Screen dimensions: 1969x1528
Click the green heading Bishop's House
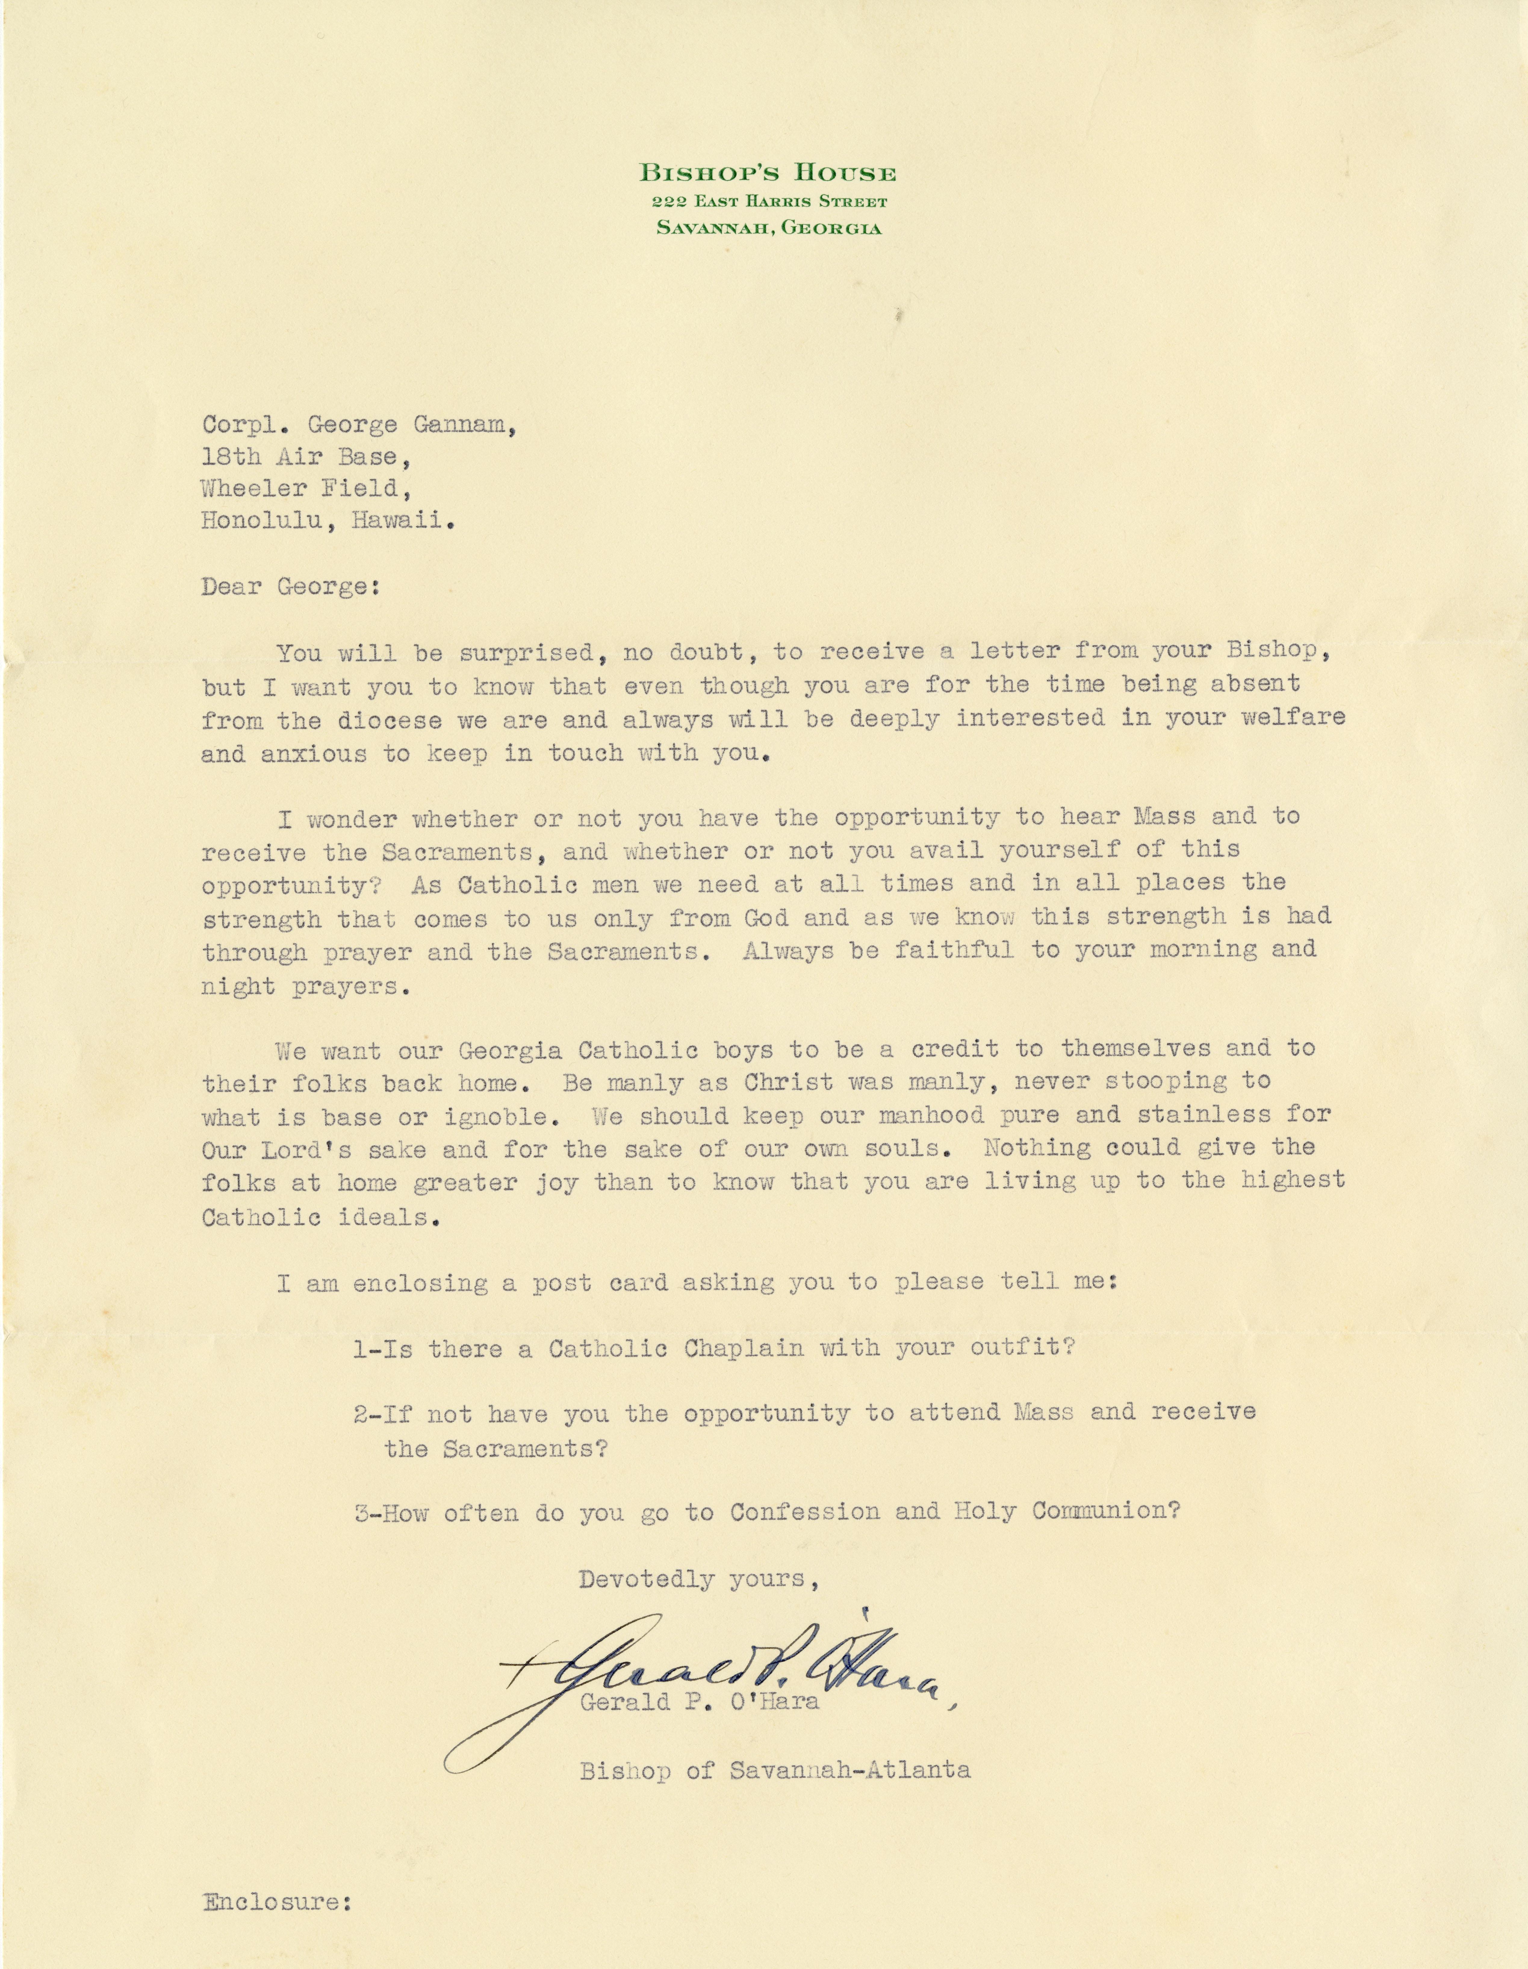767,173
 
